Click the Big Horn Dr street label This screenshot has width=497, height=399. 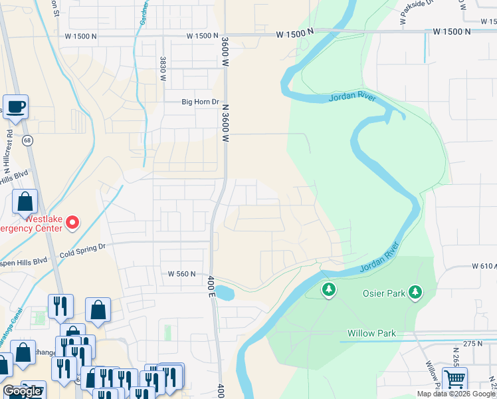201,102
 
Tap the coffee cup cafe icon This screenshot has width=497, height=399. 16,106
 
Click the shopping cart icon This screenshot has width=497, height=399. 454,380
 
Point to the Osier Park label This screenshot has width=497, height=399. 379,293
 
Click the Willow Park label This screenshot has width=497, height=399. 371,333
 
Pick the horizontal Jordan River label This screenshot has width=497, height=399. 351,98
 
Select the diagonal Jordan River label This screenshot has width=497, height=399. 383,257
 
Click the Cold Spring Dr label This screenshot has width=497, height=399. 82,250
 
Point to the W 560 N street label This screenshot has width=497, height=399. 182,273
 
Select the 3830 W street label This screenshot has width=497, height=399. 162,68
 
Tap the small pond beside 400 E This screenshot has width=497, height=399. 225,293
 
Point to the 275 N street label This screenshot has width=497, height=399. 472,343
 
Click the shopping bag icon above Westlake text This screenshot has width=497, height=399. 25,201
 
